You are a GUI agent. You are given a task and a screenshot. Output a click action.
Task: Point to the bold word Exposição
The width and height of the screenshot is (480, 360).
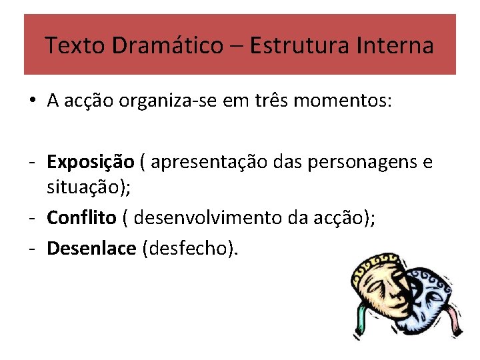(90, 162)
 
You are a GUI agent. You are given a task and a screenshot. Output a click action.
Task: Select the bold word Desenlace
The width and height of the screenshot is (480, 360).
(91, 249)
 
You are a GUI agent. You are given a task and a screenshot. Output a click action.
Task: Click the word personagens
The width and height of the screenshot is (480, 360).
(371, 162)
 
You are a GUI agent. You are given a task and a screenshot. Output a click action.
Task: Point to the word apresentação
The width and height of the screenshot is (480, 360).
(211, 162)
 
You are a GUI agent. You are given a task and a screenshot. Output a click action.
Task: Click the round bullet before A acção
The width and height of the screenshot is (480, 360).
(32, 102)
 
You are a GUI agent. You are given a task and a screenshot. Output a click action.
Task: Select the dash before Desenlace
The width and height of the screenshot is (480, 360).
(32, 249)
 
